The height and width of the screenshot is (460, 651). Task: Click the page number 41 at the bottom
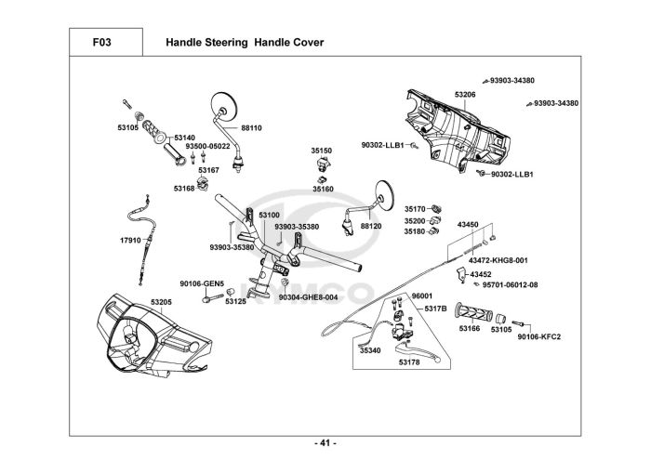[x=325, y=441]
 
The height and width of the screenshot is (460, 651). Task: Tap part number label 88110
[x=251, y=127]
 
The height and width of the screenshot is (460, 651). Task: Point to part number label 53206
[x=465, y=95]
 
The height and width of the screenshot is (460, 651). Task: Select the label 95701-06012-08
[x=510, y=284]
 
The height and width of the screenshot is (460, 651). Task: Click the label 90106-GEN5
[x=196, y=283]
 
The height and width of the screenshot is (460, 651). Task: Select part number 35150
[x=322, y=149]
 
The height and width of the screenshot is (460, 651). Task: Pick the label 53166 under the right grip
[x=470, y=328]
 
